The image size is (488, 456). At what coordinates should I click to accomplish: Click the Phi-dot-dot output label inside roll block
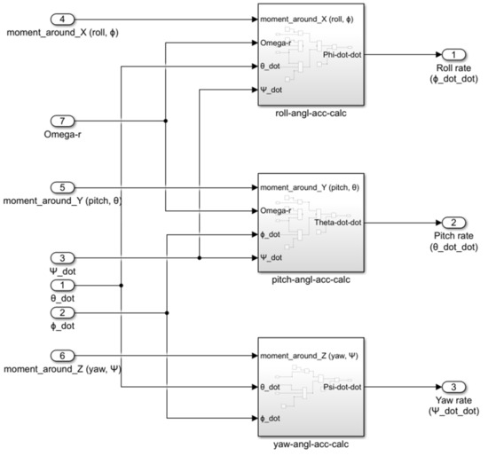tap(342, 52)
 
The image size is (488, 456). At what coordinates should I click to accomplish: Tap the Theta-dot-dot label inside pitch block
tap(337, 222)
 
